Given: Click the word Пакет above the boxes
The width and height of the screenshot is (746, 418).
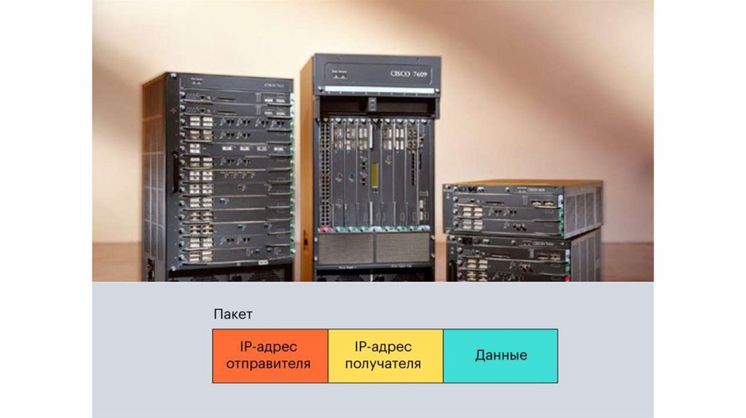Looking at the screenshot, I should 233,314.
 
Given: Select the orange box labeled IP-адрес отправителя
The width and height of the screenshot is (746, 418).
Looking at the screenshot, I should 270,355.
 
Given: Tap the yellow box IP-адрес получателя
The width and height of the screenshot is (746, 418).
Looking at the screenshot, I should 385,355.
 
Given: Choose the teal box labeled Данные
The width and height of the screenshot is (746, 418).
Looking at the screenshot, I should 500,355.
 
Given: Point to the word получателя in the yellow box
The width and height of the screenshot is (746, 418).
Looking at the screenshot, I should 382,363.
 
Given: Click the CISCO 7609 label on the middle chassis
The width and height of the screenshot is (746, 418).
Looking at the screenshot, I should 409,74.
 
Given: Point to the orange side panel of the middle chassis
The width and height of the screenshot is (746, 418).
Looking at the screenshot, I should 307,167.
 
